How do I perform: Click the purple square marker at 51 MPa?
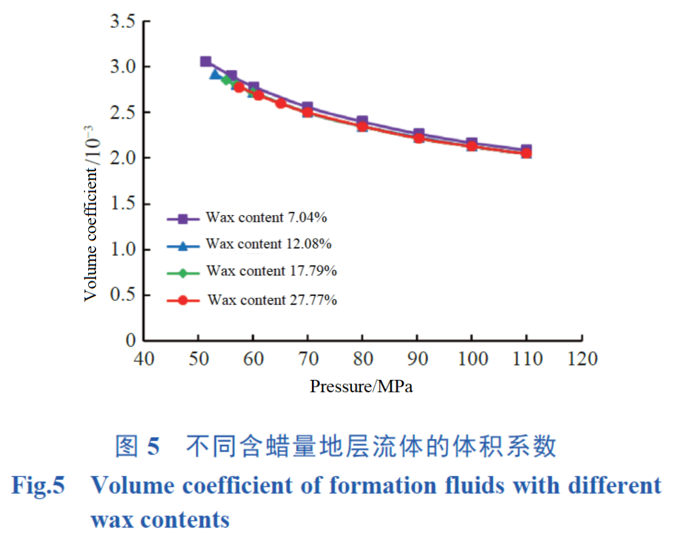(206, 61)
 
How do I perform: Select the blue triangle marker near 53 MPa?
(215, 74)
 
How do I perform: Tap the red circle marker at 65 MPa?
(281, 103)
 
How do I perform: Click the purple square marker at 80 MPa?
(362, 122)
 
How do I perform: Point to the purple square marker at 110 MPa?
(527, 150)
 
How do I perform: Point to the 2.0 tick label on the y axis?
(122, 159)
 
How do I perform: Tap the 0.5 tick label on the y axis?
(122, 295)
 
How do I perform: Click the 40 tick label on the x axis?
(144, 359)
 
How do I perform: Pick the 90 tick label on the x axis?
(418, 359)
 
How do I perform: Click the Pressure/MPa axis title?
(361, 387)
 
